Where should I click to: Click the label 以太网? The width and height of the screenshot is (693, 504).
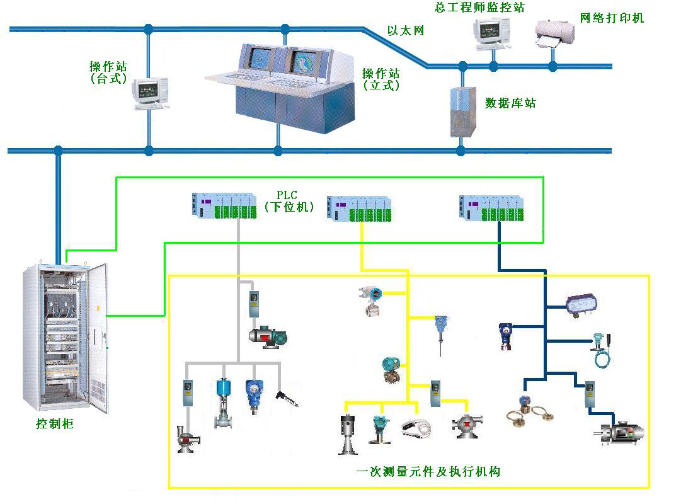[405, 31]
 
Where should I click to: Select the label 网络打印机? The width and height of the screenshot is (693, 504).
[612, 18]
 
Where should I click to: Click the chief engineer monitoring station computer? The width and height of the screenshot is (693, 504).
[492, 31]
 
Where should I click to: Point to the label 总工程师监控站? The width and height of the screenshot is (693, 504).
[479, 7]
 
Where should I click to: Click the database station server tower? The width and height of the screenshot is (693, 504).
[461, 111]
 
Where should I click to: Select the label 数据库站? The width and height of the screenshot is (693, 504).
[510, 103]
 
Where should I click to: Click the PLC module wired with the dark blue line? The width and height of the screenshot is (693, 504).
[492, 209]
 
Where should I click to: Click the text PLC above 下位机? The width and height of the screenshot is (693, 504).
[289, 194]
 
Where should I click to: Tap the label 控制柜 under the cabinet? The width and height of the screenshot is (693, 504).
[55, 424]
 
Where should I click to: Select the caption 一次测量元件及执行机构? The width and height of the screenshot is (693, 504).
[428, 471]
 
